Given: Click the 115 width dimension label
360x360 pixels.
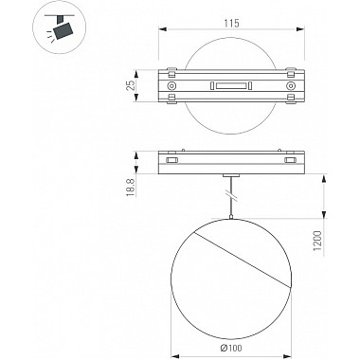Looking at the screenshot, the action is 231,24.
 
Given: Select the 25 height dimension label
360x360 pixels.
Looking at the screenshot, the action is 130,85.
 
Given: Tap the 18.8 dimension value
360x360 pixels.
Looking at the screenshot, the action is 130,188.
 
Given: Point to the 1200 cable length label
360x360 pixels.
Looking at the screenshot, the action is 317,241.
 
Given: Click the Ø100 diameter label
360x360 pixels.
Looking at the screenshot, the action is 231,348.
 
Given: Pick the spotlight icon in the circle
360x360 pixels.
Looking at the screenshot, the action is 60,28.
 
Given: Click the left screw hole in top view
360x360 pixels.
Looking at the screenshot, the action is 171,86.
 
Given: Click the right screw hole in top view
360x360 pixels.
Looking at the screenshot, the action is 290,86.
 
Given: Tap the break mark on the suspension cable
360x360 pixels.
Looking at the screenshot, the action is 231,196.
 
